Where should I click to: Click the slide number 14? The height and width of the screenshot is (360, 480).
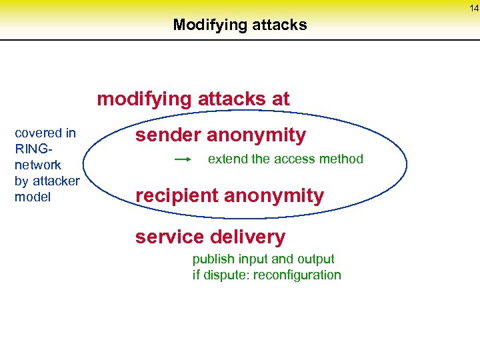(473, 8)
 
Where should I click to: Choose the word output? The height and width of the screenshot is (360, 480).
(315, 259)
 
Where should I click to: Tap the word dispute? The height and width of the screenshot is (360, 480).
(225, 275)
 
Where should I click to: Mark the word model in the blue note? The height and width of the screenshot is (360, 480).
(33, 197)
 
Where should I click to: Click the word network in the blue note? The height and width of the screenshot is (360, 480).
(38, 165)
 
